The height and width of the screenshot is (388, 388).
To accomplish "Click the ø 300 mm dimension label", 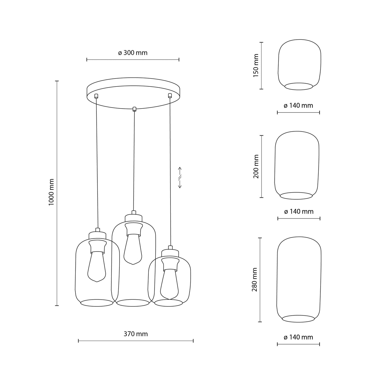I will (x=133, y=53).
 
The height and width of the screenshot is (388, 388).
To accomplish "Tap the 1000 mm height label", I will (x=51, y=192).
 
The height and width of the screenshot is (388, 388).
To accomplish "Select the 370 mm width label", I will (x=136, y=334).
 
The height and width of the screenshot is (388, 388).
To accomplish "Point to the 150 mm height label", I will (x=256, y=66).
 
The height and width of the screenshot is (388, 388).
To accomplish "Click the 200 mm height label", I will (x=256, y=166).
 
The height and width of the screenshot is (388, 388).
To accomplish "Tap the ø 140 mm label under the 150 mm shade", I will (x=298, y=106).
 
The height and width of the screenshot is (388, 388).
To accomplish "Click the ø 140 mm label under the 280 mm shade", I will (x=298, y=337).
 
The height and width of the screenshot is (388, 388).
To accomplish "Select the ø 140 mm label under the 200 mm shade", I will (x=299, y=212).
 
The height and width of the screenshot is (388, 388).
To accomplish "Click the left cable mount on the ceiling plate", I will (x=96, y=96).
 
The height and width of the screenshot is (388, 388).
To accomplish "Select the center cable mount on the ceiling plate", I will (x=135, y=109).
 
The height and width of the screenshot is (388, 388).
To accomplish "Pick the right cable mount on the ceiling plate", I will (x=170, y=95).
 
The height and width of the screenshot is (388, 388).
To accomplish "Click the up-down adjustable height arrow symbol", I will (x=180, y=177).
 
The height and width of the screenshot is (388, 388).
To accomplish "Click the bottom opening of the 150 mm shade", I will (x=299, y=86).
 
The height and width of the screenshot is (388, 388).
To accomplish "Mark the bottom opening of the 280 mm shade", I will (x=298, y=318).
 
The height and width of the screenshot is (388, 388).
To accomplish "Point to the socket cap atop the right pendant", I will (x=170, y=253).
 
